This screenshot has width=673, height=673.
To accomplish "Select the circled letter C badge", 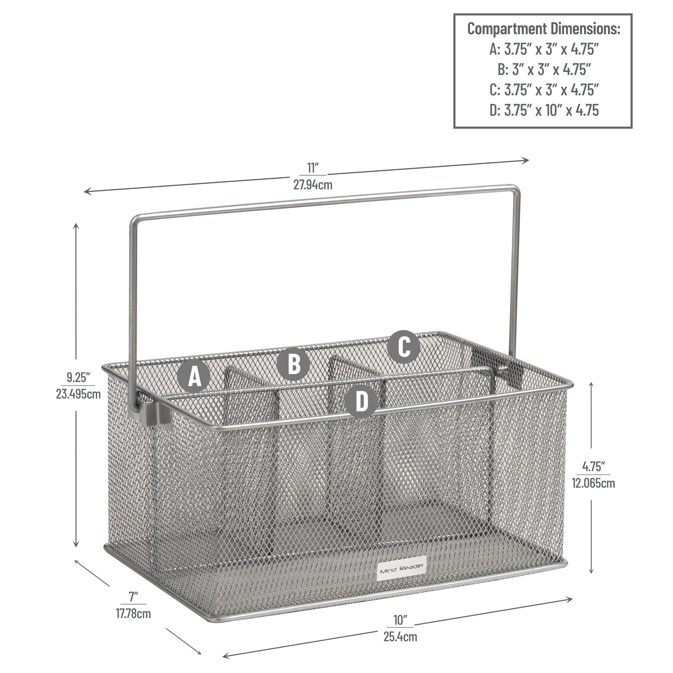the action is (x=404, y=347).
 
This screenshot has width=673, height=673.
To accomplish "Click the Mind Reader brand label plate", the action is (x=402, y=572).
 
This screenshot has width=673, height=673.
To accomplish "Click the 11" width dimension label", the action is (x=313, y=168).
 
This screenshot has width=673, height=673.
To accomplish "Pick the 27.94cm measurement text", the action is (x=313, y=184).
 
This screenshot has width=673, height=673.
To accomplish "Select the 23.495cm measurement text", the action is (x=79, y=394).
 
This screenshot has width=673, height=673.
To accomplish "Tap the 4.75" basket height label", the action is (x=593, y=466).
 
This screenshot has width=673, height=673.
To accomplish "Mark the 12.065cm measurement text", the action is (x=593, y=483).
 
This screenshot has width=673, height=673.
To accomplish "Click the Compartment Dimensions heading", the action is (x=544, y=29).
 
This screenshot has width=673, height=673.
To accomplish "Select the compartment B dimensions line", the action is (x=544, y=69).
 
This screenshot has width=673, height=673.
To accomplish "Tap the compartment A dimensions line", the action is (x=544, y=49).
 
